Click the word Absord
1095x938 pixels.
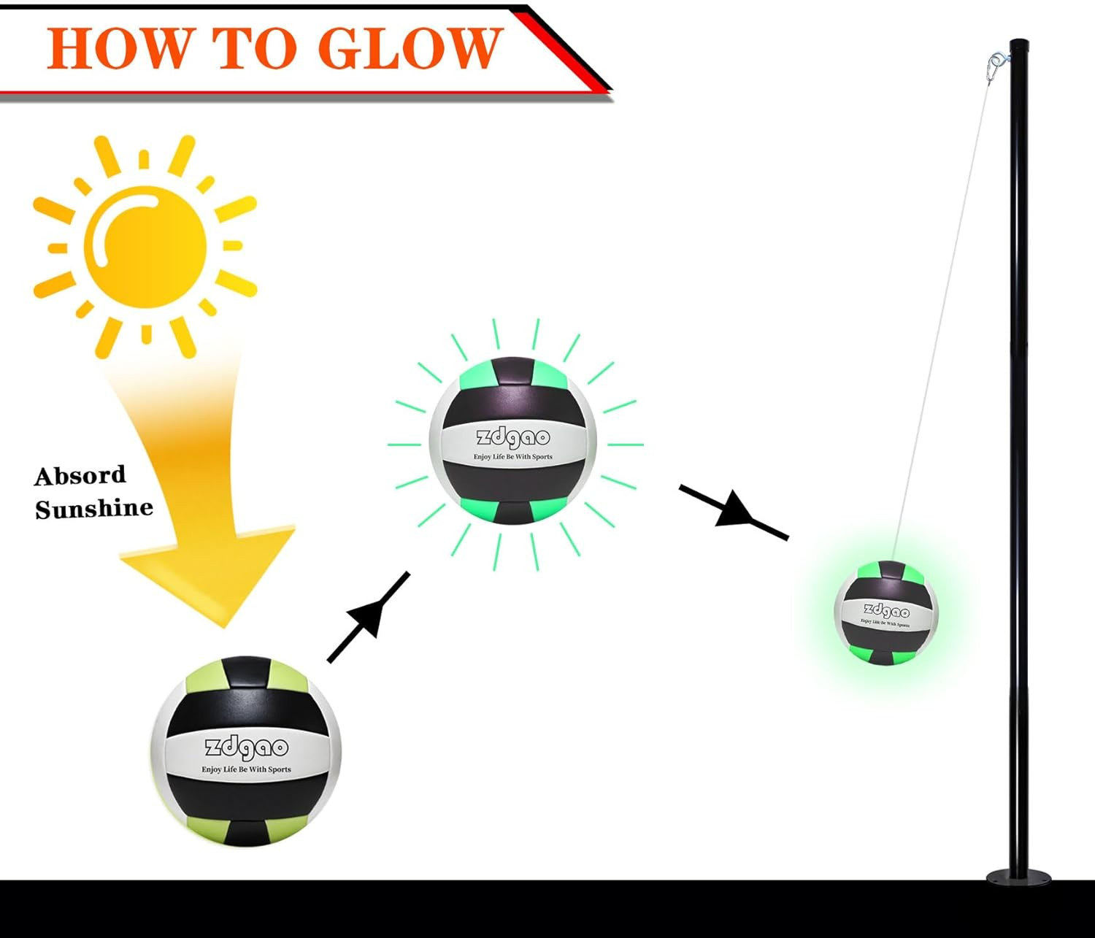coord(80,476)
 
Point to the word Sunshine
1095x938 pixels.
coord(94,509)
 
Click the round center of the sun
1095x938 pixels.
coord(145,247)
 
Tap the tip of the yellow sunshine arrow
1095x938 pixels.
coord(225,628)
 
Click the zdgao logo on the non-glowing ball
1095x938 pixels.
coord(247,747)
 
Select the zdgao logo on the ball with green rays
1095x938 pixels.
coord(512,437)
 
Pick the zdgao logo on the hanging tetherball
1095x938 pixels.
coord(886,611)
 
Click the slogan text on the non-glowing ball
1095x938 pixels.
coord(246,769)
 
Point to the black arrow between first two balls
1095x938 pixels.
coord(369,617)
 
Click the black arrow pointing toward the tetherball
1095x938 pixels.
coord(734,512)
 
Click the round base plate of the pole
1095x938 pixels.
coord(1019,877)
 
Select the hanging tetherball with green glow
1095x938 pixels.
coord(885,612)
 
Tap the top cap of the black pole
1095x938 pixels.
coord(1019,42)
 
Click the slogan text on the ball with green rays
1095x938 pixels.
coord(512,456)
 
